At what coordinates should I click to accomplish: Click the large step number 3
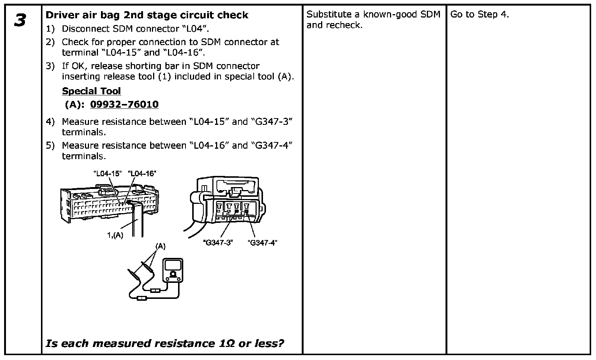tap(20, 20)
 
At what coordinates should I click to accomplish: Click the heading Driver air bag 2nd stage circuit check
tap(147, 15)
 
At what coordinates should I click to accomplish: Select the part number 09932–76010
tap(124, 104)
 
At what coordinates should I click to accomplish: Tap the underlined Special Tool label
tap(91, 91)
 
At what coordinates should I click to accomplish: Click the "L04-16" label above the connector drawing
tap(142, 173)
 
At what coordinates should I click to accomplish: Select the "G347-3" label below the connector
tap(218, 243)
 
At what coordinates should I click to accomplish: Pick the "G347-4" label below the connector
tap(262, 243)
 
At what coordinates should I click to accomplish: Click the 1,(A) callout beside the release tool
tap(115, 235)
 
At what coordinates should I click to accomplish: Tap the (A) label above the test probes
tap(160, 246)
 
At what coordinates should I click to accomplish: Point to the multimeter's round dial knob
tap(173, 275)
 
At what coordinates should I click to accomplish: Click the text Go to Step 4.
tap(479, 15)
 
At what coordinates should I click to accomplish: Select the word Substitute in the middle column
tap(329, 15)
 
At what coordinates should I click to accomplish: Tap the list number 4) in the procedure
tap(50, 122)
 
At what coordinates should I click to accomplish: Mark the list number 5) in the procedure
tap(50, 146)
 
